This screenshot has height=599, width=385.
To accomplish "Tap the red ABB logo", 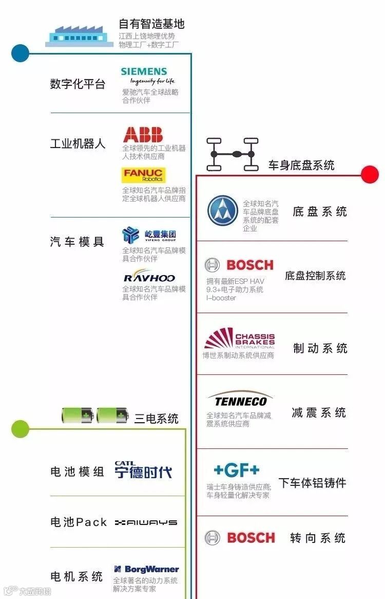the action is click(x=143, y=135).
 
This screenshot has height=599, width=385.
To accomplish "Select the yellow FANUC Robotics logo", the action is click(x=144, y=175).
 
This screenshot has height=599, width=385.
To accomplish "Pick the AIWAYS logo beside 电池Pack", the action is click(x=146, y=522).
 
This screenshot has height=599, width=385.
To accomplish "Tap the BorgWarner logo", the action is click(x=146, y=569).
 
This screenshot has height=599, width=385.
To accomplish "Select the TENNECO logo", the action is click(x=240, y=399).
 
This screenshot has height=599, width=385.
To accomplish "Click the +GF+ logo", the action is click(x=237, y=470).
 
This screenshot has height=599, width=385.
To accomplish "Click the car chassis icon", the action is click(x=232, y=154).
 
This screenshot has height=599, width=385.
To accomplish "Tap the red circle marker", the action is click(x=370, y=175).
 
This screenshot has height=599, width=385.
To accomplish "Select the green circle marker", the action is click(x=20, y=429).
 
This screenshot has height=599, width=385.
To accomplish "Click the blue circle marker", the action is click(x=20, y=53).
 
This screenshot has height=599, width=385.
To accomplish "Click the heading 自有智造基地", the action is click(x=151, y=24).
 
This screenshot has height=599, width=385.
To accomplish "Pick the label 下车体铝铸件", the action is click(x=312, y=483).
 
